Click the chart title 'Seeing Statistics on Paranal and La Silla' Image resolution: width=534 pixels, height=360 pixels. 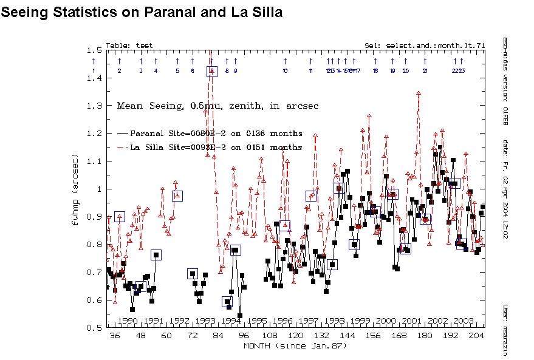[x=142, y=12]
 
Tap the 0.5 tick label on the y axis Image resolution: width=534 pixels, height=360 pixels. [x=94, y=328]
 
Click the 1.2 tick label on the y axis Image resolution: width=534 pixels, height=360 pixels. [x=94, y=133]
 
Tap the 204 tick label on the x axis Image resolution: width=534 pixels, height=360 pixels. [x=476, y=336]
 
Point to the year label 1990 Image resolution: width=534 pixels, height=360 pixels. [x=128, y=321]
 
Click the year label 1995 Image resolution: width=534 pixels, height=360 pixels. [x=257, y=321]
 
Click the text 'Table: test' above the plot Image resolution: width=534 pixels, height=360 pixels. [x=129, y=46]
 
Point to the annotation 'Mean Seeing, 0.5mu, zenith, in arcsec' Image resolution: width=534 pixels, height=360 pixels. [x=217, y=106]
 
